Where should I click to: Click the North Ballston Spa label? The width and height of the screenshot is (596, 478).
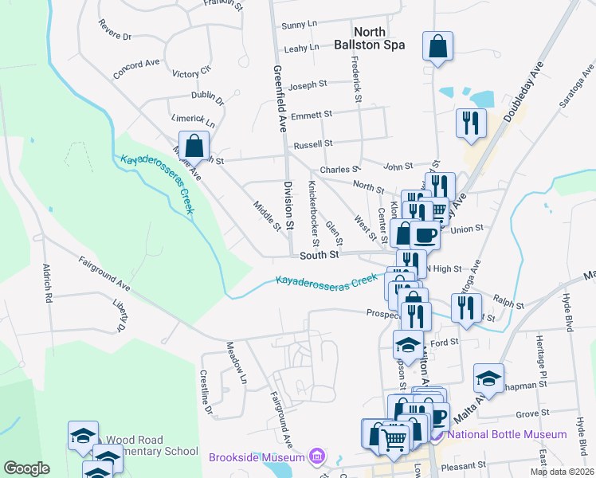pos(379,38)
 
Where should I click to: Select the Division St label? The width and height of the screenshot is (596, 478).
pos(289,205)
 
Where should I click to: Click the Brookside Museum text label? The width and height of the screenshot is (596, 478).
pos(257,457)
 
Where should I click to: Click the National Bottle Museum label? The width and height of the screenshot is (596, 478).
pos(507,435)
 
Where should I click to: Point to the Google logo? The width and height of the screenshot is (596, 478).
pos(26,468)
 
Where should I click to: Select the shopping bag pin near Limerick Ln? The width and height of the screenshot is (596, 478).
pos(194,147)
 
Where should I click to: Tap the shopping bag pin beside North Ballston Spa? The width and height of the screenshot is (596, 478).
pos(437,47)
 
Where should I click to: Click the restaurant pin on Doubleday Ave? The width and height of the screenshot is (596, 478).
pos(471,123)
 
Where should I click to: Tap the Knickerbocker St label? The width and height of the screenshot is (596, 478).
pos(314,213)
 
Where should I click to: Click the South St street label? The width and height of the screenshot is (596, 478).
pos(320,255)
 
